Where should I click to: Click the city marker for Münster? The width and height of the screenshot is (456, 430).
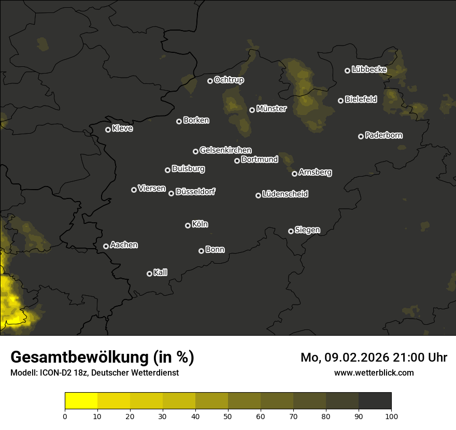(252, 110)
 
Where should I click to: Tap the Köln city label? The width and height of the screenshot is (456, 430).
(200, 224)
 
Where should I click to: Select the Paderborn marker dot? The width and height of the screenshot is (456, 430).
(361, 136)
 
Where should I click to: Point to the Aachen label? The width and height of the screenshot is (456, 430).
(124, 245)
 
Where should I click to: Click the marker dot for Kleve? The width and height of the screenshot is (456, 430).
(108, 130)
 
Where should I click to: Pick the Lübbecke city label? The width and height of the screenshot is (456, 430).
(369, 69)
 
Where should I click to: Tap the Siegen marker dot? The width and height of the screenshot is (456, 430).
(291, 231)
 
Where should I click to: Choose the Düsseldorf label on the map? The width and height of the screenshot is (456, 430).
(195, 192)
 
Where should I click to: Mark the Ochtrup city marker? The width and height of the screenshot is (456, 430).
(210, 81)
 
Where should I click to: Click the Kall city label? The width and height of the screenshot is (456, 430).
(161, 273)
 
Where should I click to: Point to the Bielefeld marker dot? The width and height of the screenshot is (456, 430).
(341, 101)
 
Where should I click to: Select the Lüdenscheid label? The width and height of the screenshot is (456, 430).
(285, 194)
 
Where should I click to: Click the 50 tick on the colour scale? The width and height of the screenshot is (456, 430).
(228, 416)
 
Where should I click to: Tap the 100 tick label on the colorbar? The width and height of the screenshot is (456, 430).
(391, 416)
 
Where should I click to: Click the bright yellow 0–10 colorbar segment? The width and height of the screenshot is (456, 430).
(81, 400)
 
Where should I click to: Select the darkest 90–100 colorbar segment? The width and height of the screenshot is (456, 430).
(375, 400)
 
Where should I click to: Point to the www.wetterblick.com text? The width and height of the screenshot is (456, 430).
(374, 372)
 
